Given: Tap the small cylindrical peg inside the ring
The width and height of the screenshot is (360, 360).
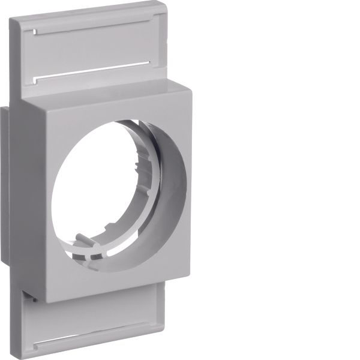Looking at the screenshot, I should coord(85,243).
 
